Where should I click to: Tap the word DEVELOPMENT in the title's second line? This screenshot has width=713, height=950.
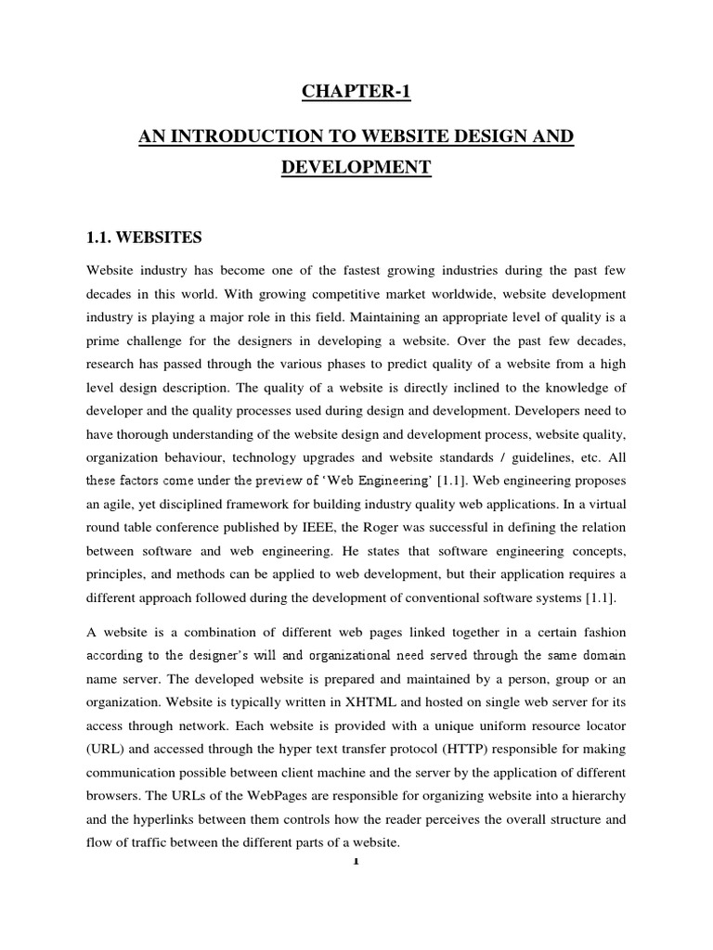356,168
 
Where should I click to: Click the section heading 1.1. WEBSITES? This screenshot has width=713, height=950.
144,238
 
